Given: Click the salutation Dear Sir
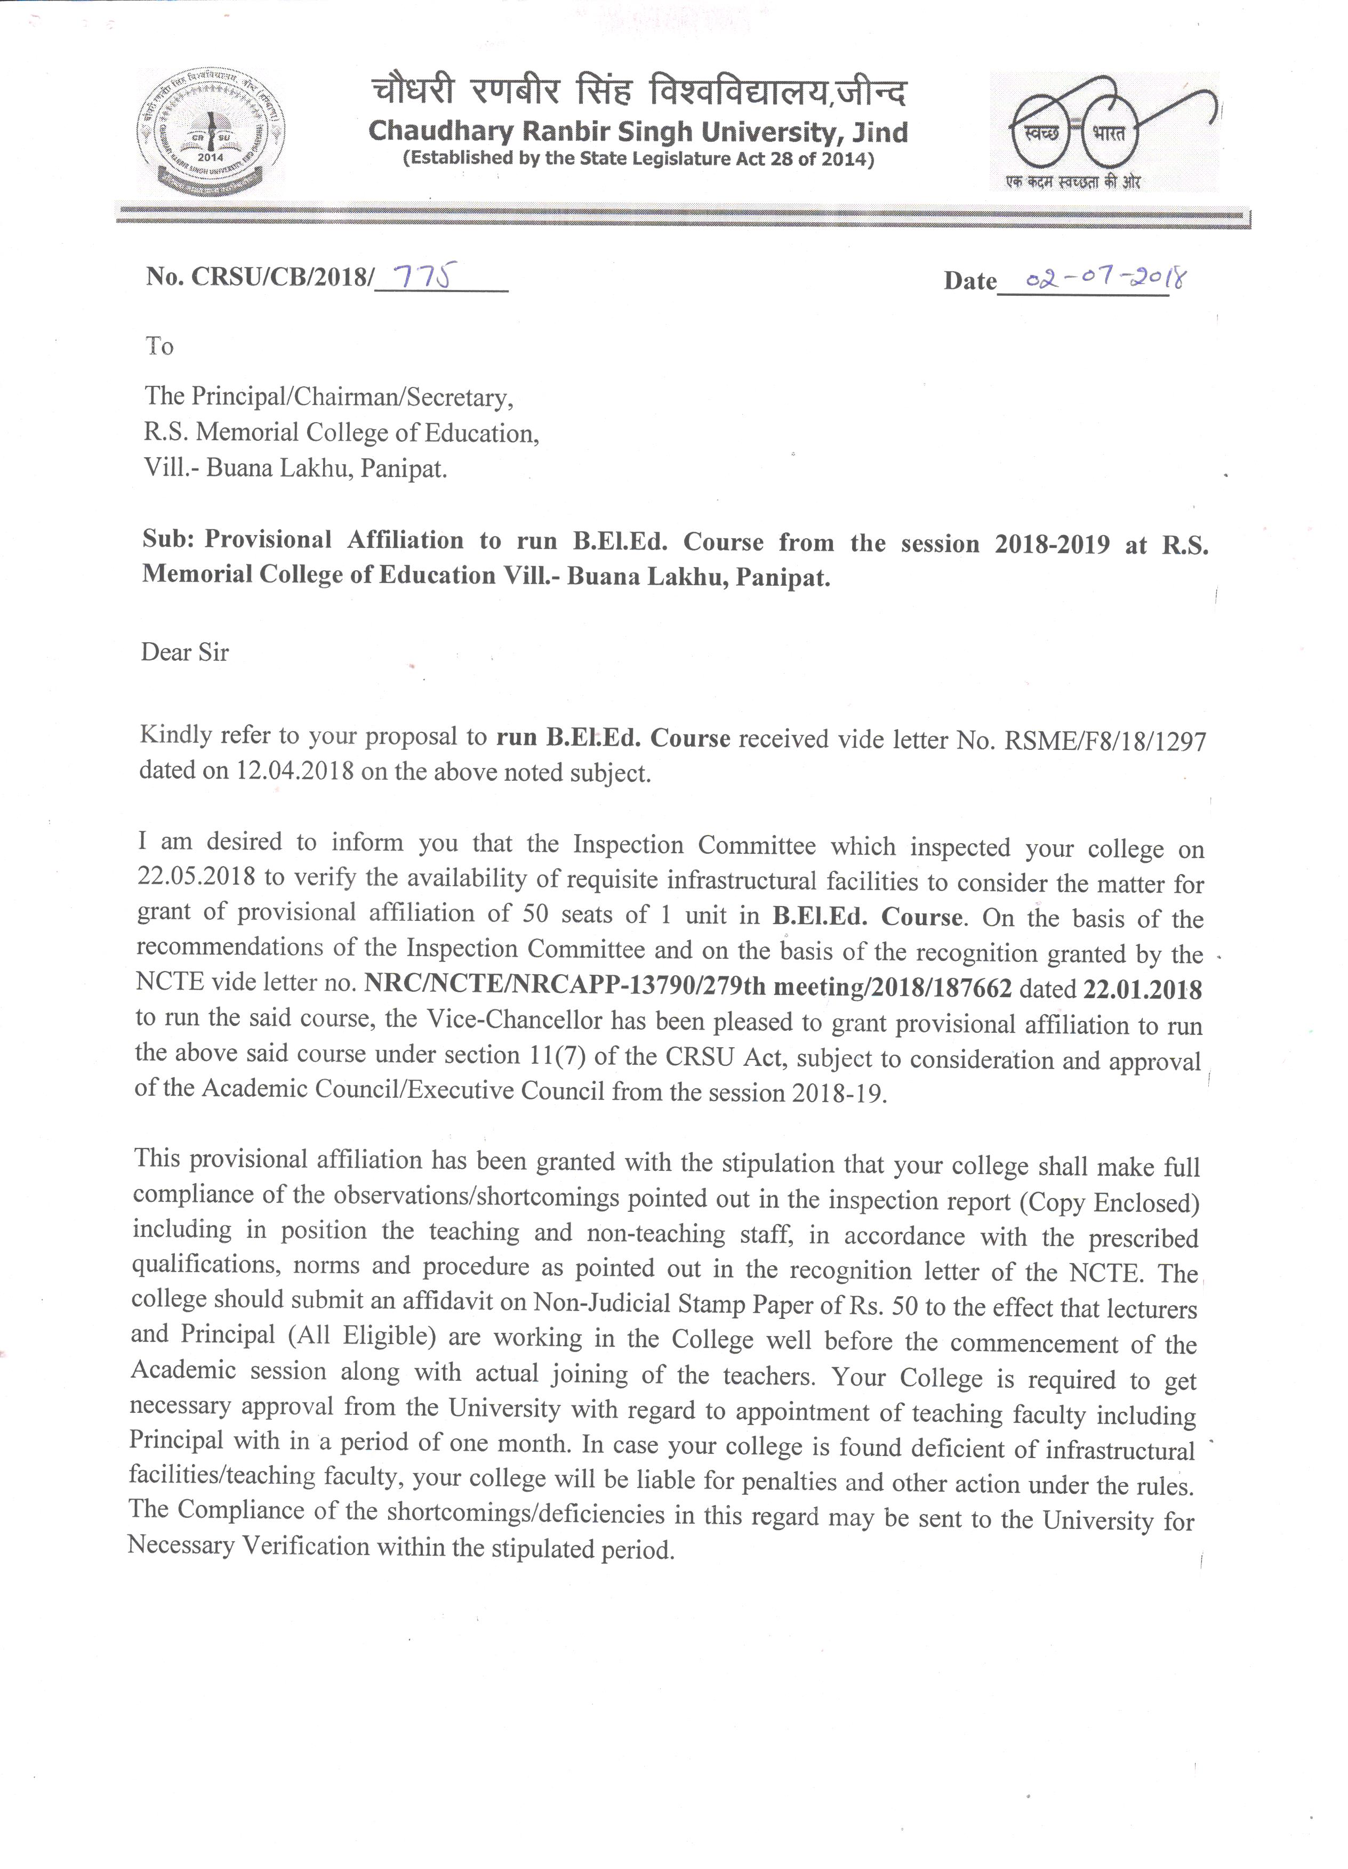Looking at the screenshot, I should coord(184,652).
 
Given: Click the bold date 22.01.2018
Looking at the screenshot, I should coord(1142,989).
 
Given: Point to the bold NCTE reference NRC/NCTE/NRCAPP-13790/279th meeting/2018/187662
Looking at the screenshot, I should coord(688,986).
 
